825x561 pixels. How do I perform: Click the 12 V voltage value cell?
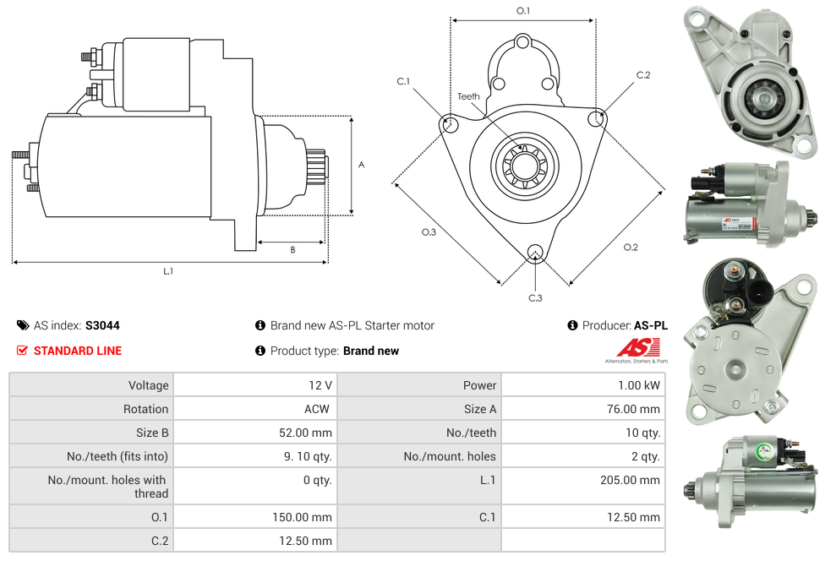pos(320,385)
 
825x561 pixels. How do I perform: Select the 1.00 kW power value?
pos(639,385)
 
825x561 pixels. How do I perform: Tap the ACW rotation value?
pos(319,409)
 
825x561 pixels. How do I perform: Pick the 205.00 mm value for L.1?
pos(630,480)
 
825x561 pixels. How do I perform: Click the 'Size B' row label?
pos(147,433)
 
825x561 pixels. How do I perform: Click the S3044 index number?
pos(102,325)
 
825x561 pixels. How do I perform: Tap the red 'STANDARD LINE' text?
pos(78,351)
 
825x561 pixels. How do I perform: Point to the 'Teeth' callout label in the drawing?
pos(468,96)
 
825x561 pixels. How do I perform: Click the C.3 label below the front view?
pos(535,297)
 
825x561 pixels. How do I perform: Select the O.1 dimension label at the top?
pos(523,11)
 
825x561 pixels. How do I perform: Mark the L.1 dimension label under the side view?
pos(168,271)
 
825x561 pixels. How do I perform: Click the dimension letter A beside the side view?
pos(362,165)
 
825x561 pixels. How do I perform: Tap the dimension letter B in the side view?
pos(292,250)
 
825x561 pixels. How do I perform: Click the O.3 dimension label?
pos(429,232)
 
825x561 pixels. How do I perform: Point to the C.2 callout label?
pos(643,75)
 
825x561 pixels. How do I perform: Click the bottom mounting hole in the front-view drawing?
pos(534,253)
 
